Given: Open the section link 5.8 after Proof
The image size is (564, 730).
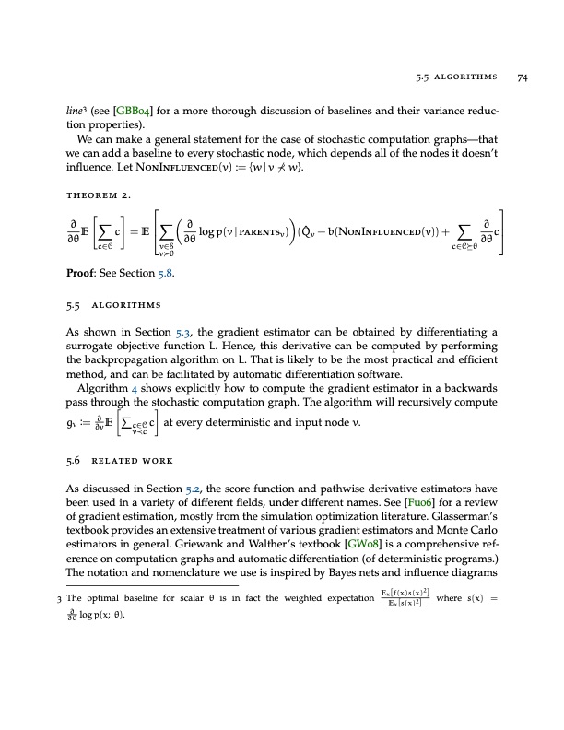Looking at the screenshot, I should click(184, 274).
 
